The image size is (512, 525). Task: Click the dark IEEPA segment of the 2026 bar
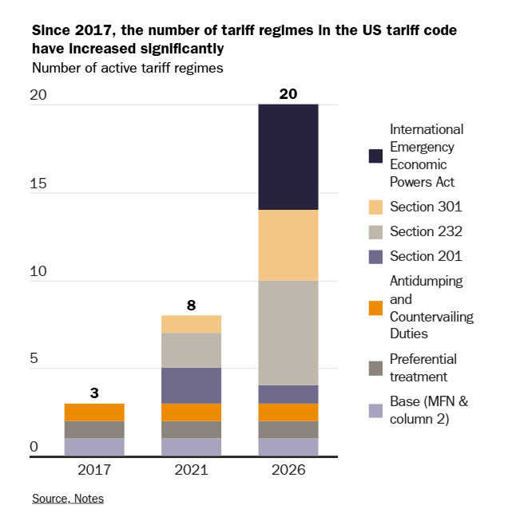click(288, 157)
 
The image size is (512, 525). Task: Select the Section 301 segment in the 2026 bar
click(288, 245)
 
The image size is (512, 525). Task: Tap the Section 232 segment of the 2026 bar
click(288, 333)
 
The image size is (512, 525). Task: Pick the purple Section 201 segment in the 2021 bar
click(191, 385)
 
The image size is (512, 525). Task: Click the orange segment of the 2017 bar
click(94, 412)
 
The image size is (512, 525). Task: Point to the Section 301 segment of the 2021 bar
click(191, 324)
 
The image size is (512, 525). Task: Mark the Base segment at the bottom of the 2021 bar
click(191, 447)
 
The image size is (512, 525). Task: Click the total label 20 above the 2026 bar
click(288, 94)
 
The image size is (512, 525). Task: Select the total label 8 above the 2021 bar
click(191, 305)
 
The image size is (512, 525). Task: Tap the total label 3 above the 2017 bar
click(94, 393)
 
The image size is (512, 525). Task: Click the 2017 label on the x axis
click(94, 471)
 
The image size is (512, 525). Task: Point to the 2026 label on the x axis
click(288, 471)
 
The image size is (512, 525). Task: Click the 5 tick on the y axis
click(34, 359)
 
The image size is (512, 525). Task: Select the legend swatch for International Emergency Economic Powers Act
click(375, 156)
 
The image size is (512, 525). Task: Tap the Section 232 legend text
click(426, 231)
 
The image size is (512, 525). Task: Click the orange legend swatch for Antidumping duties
click(375, 307)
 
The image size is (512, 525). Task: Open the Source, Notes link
click(68, 499)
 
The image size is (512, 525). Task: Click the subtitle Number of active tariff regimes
click(127, 68)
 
